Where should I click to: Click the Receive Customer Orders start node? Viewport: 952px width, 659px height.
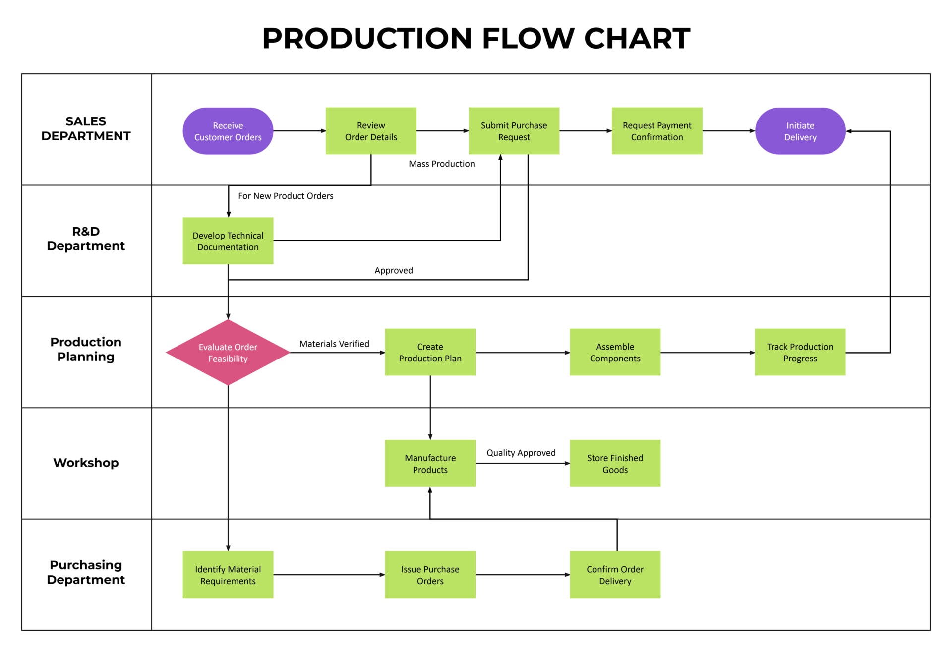click(228, 131)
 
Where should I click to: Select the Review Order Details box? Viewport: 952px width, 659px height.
click(370, 131)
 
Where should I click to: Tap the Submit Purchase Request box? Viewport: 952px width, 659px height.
click(514, 131)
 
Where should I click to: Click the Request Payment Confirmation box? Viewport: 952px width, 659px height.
click(656, 131)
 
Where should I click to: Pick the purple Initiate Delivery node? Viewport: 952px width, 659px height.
click(800, 131)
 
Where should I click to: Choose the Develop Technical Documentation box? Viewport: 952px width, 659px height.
click(228, 240)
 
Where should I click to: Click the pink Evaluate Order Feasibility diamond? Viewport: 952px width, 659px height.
click(228, 352)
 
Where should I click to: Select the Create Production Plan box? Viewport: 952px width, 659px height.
click(430, 352)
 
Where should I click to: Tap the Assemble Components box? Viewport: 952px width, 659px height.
click(615, 352)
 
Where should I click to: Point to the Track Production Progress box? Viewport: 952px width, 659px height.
click(800, 352)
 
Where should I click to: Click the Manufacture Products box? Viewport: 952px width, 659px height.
click(430, 463)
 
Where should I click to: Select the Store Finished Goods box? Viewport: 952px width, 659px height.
click(615, 463)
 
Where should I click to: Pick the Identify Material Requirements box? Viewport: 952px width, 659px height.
click(228, 574)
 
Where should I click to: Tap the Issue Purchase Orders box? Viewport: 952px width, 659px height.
click(430, 574)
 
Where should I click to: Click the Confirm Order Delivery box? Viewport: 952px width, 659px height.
click(615, 574)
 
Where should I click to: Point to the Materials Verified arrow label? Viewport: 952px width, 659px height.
click(334, 344)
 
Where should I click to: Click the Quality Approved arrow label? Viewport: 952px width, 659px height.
click(521, 452)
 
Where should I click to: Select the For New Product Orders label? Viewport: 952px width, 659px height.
click(286, 196)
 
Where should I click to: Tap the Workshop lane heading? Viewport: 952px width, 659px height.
click(86, 463)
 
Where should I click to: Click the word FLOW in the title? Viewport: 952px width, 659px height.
click(528, 38)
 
